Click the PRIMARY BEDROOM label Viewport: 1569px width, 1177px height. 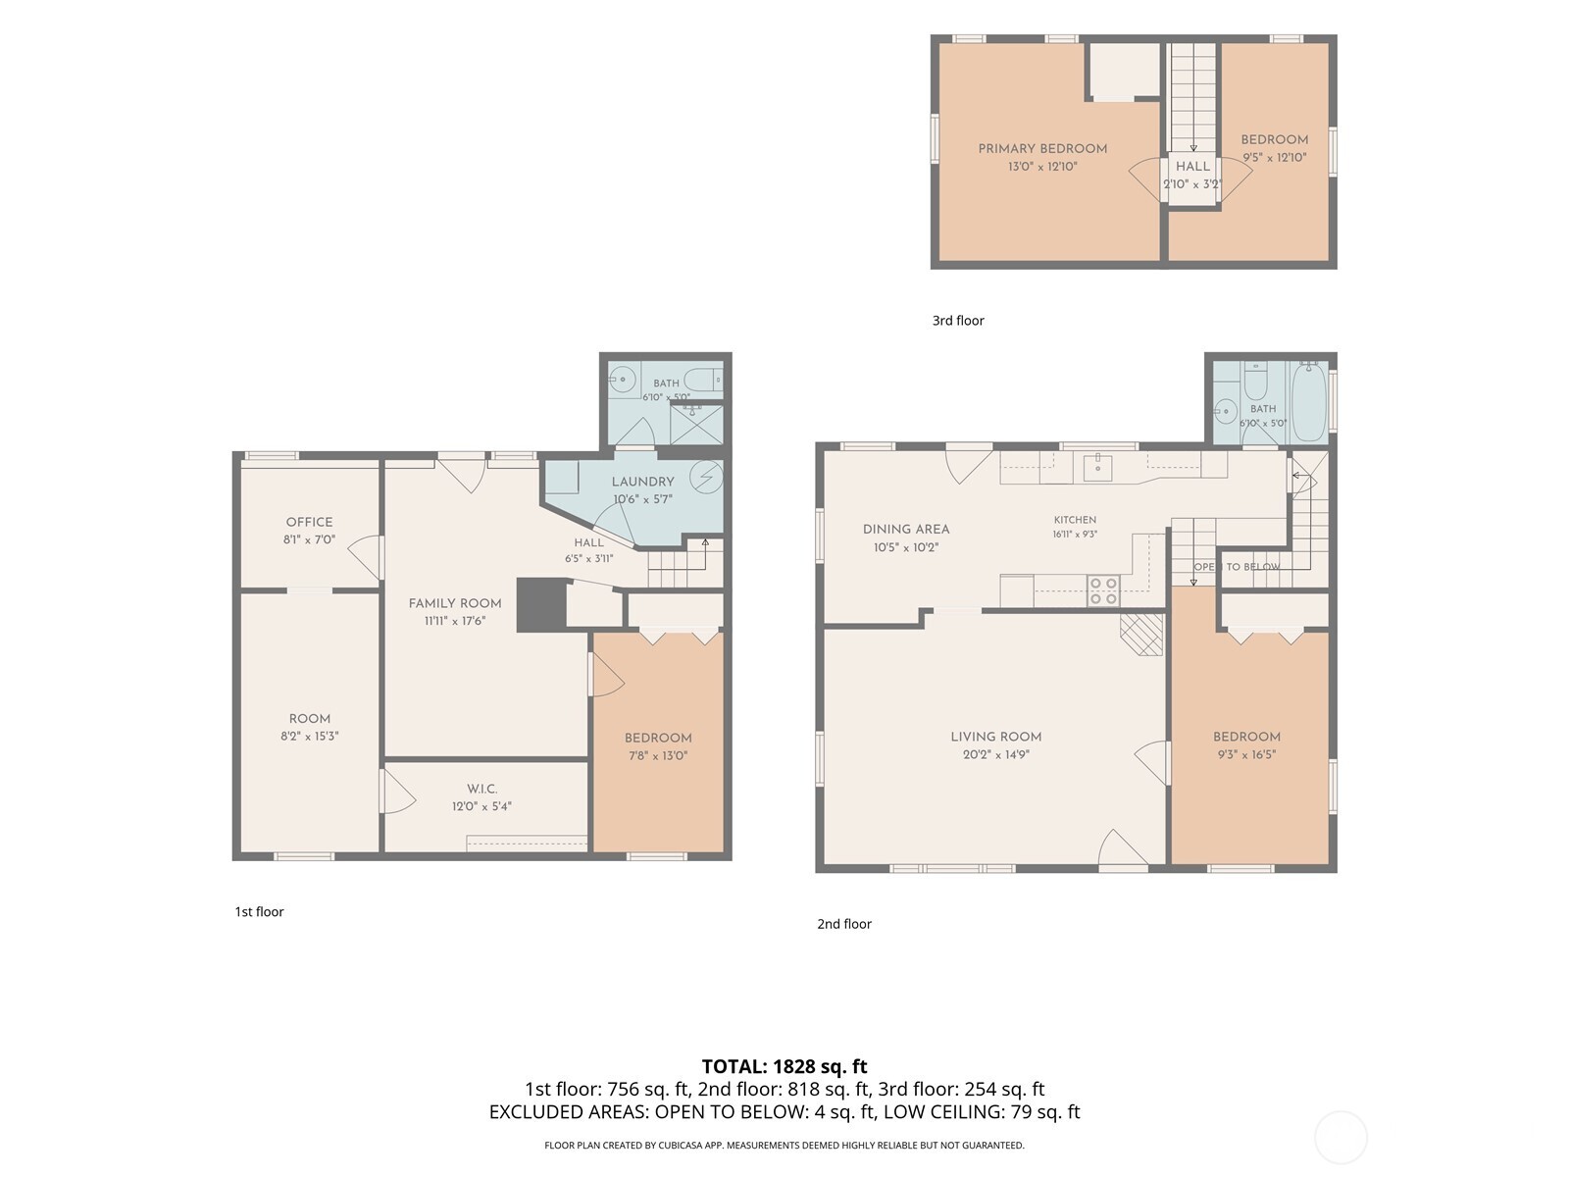pos(1042,149)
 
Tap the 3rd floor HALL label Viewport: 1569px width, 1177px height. pos(1193,167)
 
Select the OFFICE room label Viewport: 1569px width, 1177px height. pos(310,523)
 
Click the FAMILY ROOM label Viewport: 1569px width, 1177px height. pos(455,604)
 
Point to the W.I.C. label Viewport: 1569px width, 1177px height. pos(481,789)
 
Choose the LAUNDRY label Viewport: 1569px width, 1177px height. pos(642,482)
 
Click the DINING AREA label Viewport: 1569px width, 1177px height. pos(906,530)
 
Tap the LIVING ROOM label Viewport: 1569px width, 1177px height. pos(995,737)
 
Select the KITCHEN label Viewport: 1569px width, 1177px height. pos(1075,520)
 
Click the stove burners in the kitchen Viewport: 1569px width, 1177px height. pos(1103,591)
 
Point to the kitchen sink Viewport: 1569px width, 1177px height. pos(1097,468)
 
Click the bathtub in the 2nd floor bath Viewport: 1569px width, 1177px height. pos(1309,401)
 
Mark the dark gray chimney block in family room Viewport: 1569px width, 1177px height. pos(541,604)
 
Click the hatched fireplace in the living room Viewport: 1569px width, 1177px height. pos(1141,635)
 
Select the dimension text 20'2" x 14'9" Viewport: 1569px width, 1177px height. pos(995,754)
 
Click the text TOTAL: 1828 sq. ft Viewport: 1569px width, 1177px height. pos(784,1067)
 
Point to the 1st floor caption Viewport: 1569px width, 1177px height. pos(260,912)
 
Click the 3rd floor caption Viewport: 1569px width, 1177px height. pos(958,321)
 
